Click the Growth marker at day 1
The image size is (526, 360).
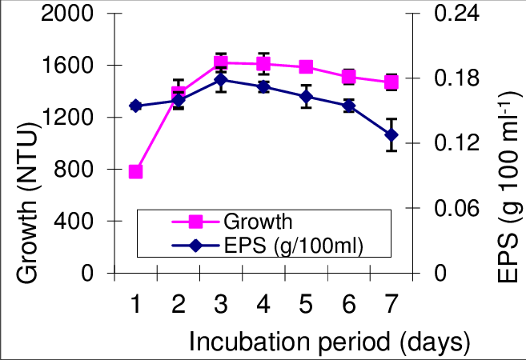[x=135, y=171]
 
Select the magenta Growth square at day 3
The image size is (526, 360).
[x=221, y=62]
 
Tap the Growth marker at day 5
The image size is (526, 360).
[x=306, y=66]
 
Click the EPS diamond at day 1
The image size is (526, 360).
[x=135, y=106]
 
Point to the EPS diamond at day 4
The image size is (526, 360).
[x=263, y=86]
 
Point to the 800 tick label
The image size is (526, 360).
[x=78, y=170]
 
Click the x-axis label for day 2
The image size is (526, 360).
[x=179, y=304]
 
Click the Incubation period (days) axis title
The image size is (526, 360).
[x=328, y=342]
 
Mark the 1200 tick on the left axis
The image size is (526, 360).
[x=70, y=118]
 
